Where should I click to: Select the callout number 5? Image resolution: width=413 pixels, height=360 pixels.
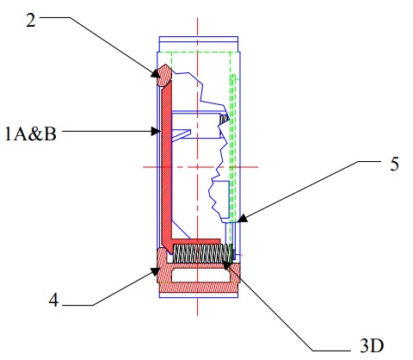(394, 164)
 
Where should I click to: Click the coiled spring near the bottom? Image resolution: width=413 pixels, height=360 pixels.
(203, 254)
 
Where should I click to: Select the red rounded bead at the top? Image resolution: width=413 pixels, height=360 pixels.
(164, 78)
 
